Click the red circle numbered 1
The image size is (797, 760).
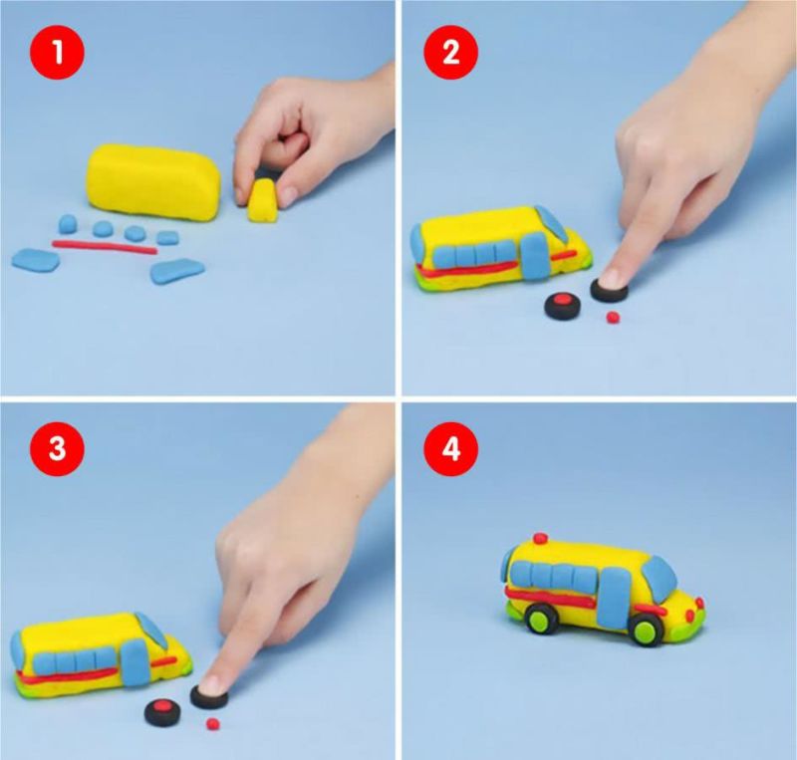pyautogui.click(x=58, y=53)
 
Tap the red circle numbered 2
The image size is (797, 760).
pyautogui.click(x=451, y=53)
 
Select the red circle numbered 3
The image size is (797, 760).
pyautogui.click(x=58, y=449)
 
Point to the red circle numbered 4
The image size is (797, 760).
pyautogui.click(x=451, y=449)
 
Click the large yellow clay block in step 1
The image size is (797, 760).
pyautogui.click(x=155, y=183)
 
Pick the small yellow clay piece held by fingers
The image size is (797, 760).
pyautogui.click(x=264, y=201)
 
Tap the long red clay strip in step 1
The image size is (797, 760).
pyautogui.click(x=105, y=247)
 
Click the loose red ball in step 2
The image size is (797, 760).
pyautogui.click(x=613, y=318)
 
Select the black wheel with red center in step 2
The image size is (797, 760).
pyautogui.click(x=562, y=307)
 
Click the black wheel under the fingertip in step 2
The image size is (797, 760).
pyautogui.click(x=609, y=289)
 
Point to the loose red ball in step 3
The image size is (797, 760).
pyautogui.click(x=213, y=722)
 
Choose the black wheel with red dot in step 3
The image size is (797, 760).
pyautogui.click(x=162, y=712)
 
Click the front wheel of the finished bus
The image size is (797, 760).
pyautogui.click(x=647, y=630)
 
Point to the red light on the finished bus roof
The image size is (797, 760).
pyautogui.click(x=541, y=538)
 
